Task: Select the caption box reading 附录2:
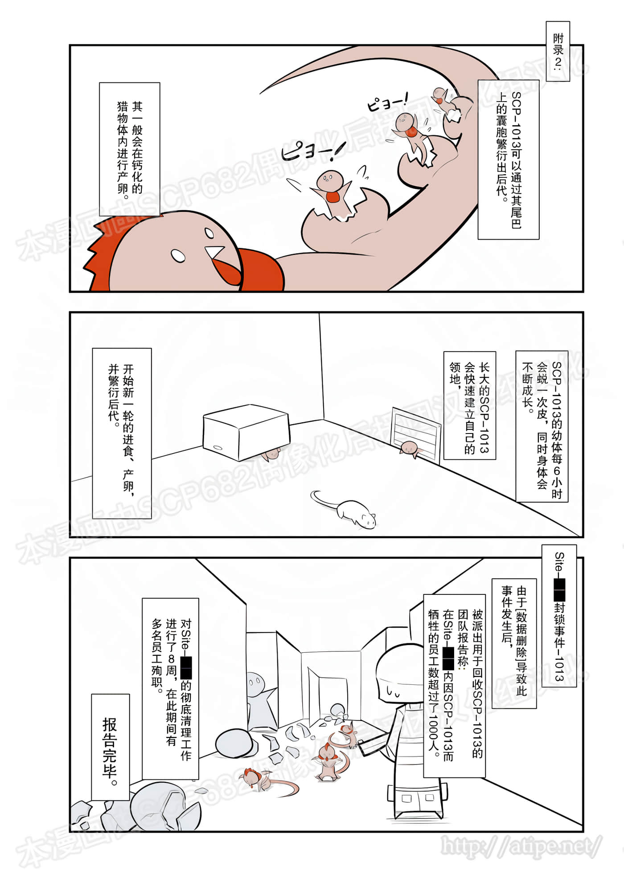(558, 51)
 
